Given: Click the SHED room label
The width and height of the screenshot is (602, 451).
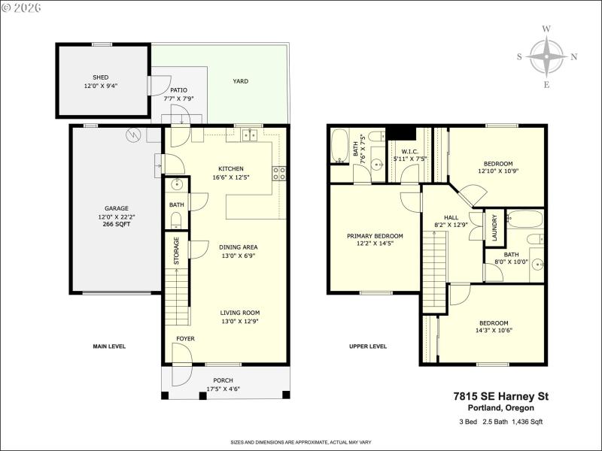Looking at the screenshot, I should tap(100, 77).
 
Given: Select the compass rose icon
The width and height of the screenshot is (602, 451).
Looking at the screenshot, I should tap(546, 57).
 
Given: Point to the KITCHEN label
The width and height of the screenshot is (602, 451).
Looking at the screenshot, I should tap(231, 168).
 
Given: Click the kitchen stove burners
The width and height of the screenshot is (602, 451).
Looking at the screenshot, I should tap(280, 173).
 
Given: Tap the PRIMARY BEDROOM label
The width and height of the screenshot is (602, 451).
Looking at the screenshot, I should tap(374, 236).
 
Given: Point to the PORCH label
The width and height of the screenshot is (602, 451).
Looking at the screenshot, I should tap(223, 380).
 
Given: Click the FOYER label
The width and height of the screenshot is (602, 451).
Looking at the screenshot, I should tap(185, 339).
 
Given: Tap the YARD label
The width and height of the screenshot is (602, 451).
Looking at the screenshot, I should tap(240, 81).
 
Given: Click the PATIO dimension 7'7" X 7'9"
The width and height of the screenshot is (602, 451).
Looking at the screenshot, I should tap(179, 98).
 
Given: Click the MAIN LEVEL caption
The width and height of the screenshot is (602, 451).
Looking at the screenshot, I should tap(109, 347).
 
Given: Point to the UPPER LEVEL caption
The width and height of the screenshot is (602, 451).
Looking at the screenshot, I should tap(368, 347).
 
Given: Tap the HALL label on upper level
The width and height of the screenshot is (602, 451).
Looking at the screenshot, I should tap(451, 216).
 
